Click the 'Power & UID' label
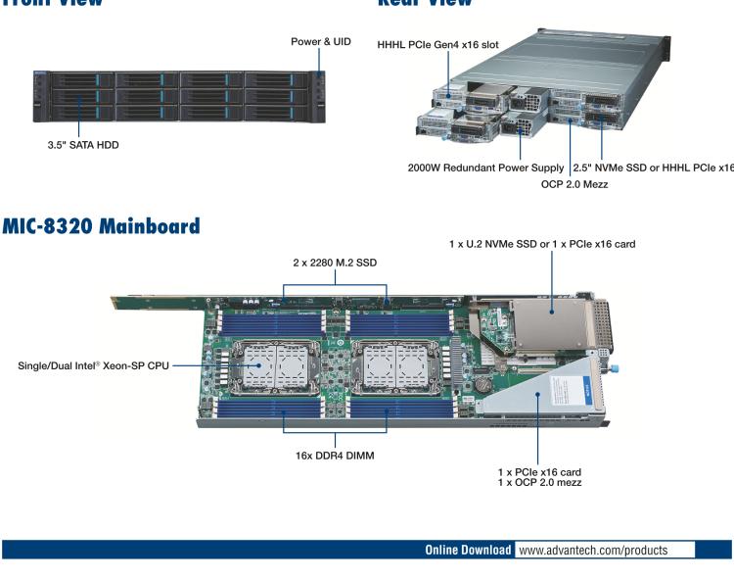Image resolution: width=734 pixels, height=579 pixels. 320,42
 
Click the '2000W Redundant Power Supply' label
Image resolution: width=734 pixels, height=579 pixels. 485,168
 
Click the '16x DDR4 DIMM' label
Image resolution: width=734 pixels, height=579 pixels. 336,455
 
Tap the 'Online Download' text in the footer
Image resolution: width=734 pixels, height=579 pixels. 467,551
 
